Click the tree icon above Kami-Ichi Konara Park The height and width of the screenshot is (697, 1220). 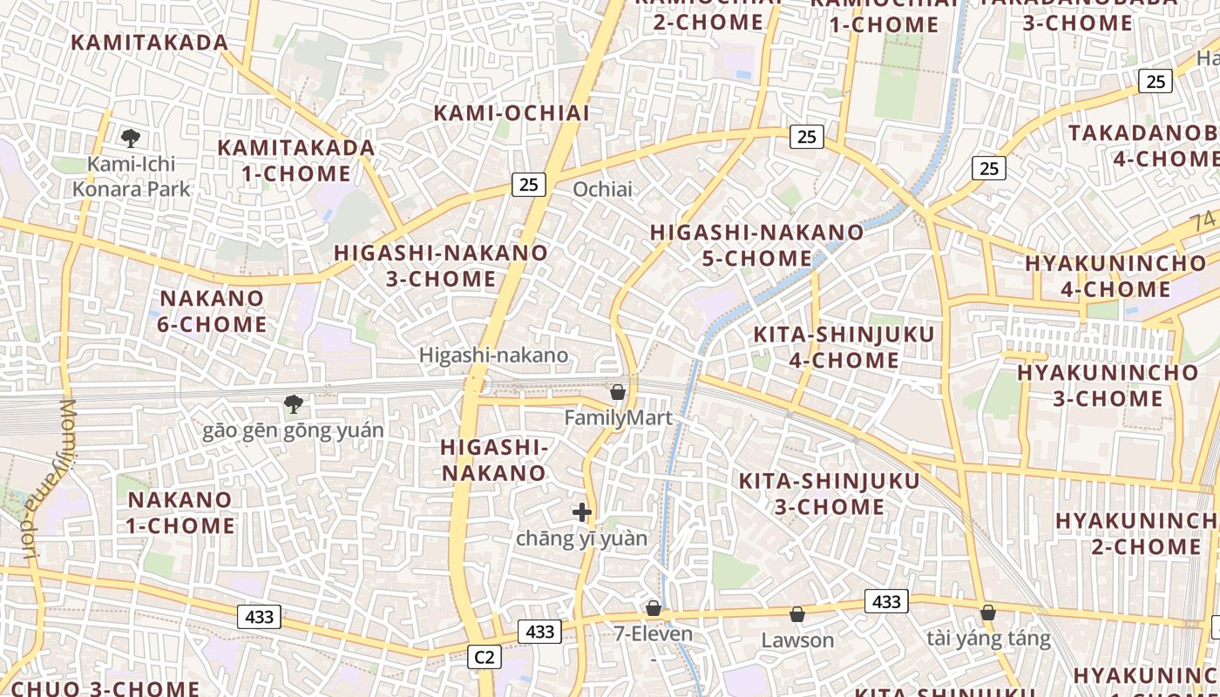131,138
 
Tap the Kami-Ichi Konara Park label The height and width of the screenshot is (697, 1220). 131,176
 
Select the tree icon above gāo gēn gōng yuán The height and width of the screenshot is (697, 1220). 294,404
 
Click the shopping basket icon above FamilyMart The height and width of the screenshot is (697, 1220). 618,392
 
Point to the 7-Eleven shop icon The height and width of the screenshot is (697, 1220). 654,608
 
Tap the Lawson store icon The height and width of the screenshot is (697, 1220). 796,615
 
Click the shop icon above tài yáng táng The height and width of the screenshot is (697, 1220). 987,613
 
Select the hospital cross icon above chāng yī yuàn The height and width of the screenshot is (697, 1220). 582,512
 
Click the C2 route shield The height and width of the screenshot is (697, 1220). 485,657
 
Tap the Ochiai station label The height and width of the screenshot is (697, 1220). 602,189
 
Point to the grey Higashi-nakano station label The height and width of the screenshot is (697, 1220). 493,355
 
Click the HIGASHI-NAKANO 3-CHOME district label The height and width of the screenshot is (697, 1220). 441,266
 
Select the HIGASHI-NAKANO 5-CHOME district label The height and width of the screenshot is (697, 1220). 756,245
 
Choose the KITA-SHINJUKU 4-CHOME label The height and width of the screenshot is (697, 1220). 844,347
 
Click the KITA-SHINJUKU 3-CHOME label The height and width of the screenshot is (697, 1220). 829,493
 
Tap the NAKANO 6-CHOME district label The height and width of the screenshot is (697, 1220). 213,311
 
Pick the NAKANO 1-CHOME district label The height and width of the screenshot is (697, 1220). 181,512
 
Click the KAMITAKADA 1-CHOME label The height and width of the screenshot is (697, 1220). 296,160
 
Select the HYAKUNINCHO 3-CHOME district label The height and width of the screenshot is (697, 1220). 1108,386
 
